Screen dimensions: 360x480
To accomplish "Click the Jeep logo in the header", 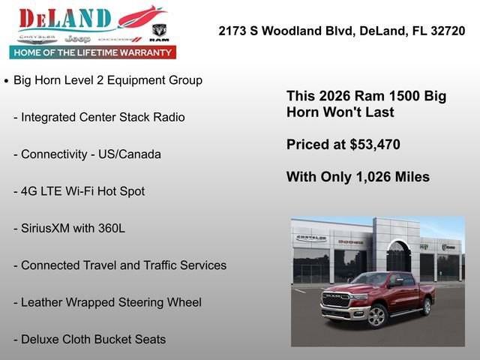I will coord(77,38).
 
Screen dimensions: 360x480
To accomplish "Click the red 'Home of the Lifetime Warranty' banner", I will coord(93,52).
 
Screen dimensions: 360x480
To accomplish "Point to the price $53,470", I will coord(372,145).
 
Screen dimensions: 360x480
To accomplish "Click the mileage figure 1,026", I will coord(370,177).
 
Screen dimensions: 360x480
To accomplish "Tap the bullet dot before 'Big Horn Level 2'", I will coord(7,80).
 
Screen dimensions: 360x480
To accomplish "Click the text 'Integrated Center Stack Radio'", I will coord(103,117).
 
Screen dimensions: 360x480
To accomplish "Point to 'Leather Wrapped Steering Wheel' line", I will coord(111,302).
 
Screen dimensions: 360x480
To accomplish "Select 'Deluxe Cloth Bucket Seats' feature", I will coord(93,339).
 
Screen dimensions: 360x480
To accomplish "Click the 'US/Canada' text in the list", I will coord(130,154).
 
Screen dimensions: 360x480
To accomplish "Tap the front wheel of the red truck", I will coord(377,316).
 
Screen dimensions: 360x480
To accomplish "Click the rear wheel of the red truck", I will coord(426,306).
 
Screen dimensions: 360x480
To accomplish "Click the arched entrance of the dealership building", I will coord(398,259).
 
